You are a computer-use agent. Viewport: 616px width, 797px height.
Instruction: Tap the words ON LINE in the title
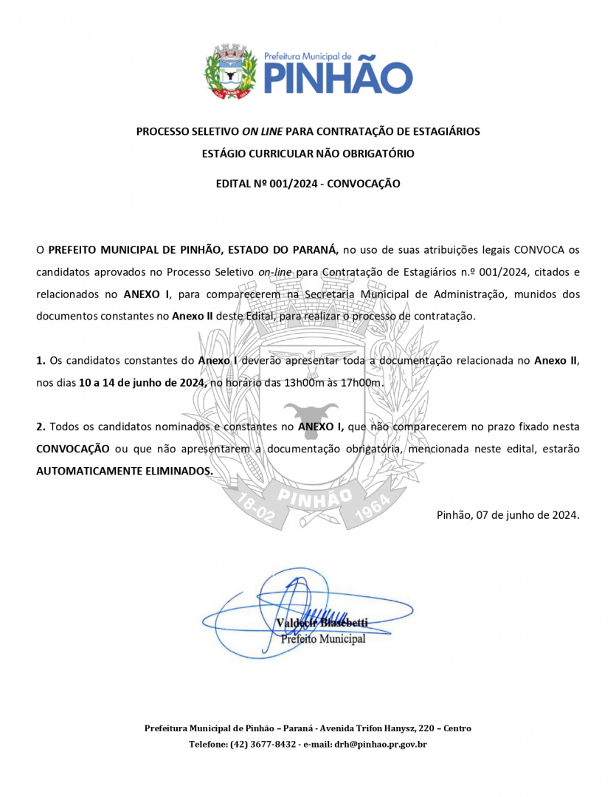[262, 131]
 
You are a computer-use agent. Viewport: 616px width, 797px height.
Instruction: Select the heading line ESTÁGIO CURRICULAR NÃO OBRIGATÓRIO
[308, 154]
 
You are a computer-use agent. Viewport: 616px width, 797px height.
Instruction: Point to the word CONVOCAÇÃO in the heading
[363, 184]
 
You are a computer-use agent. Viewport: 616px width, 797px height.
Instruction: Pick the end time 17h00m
[366, 383]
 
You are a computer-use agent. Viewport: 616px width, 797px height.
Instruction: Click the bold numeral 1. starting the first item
[41, 361]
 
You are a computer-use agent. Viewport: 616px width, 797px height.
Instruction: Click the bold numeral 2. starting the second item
[41, 427]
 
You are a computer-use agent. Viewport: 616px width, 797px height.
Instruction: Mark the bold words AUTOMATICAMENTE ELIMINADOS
[125, 471]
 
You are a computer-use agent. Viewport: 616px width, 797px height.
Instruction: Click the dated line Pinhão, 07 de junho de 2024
[508, 515]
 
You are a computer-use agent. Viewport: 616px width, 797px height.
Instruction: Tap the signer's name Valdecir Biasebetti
[322, 624]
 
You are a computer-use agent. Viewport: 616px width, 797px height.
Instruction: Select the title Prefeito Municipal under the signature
[323, 639]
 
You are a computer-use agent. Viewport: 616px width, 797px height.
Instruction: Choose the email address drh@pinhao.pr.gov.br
[381, 744]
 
